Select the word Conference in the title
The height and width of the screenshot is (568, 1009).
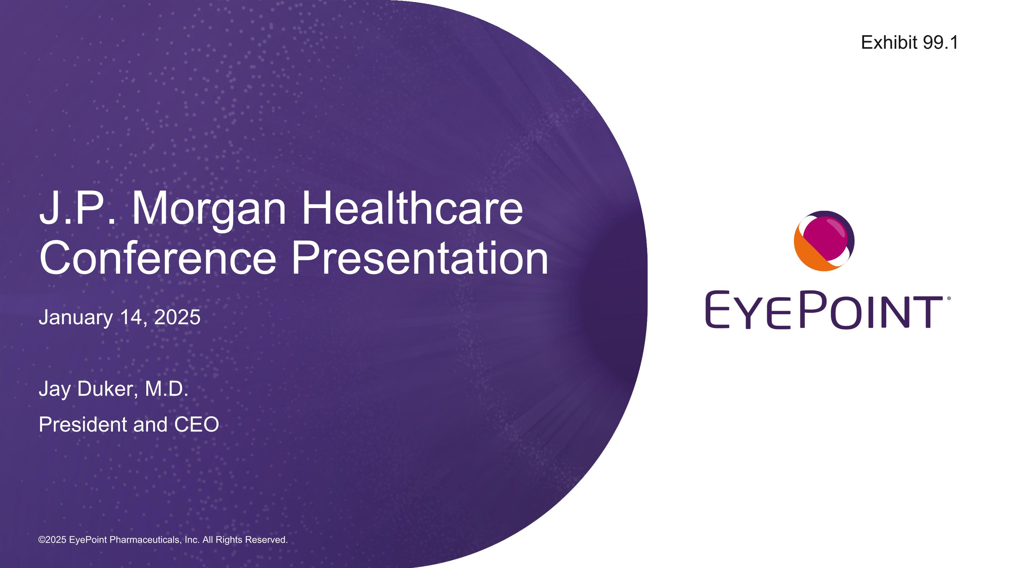(x=158, y=258)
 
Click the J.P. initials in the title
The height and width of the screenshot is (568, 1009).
(x=78, y=207)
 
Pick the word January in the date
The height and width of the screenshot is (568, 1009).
(x=76, y=318)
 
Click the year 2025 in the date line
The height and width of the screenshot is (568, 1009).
(x=178, y=317)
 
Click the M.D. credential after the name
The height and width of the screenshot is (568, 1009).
(x=167, y=389)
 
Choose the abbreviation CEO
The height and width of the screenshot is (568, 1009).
(x=197, y=425)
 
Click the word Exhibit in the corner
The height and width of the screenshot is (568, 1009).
(x=889, y=42)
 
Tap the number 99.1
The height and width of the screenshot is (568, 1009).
(x=940, y=42)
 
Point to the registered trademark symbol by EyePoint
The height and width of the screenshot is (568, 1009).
(x=949, y=298)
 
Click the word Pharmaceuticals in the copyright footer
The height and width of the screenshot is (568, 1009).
(x=145, y=540)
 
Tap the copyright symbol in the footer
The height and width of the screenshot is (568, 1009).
(x=41, y=540)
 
